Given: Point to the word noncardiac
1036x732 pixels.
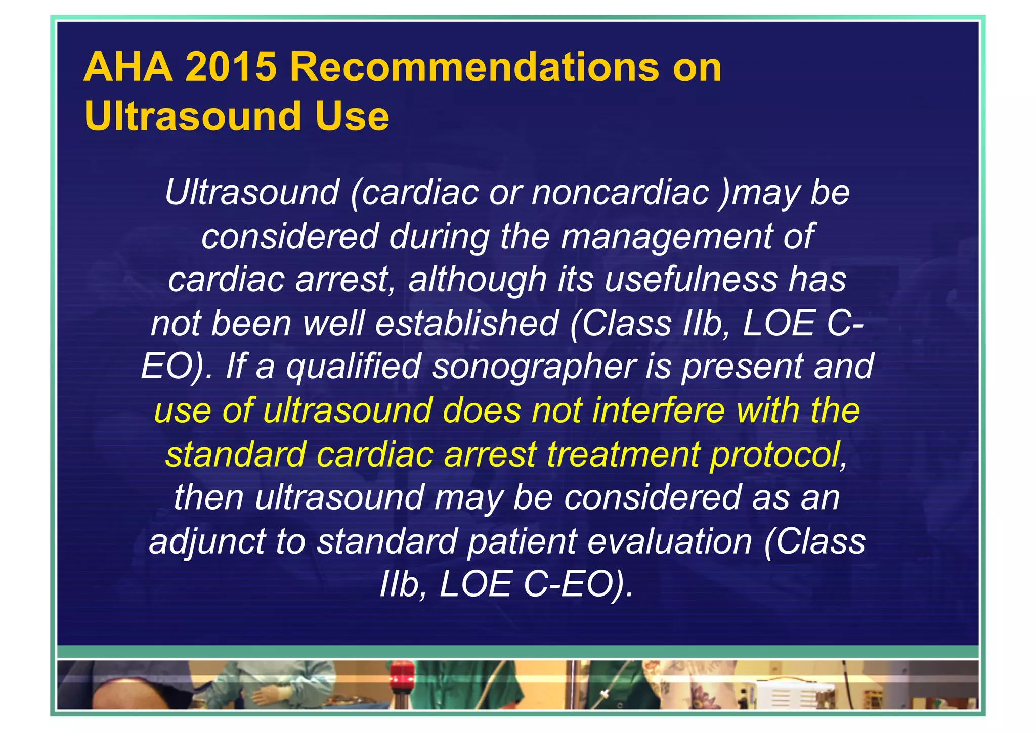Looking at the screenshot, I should coord(620,193).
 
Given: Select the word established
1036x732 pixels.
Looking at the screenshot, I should coord(466,323).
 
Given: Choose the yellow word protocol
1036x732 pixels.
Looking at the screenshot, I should coord(774,454).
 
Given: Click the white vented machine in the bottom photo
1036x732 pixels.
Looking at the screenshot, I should coord(789,695).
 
